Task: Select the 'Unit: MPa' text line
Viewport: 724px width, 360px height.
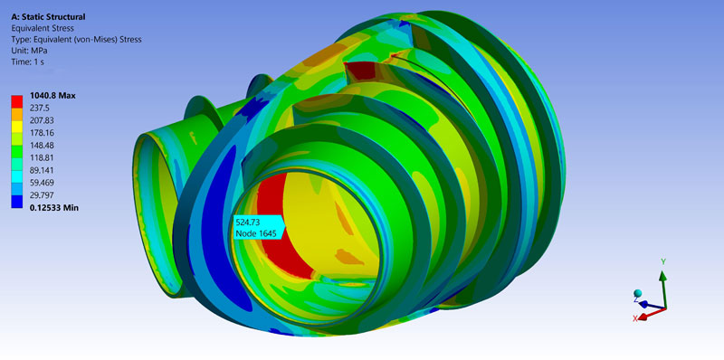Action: pos(30,51)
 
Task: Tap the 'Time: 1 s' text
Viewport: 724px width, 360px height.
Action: pos(28,62)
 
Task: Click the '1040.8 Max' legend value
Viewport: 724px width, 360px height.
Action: pos(52,96)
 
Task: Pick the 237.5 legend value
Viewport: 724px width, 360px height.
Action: pos(40,109)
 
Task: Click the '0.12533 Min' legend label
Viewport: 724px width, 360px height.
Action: pos(54,208)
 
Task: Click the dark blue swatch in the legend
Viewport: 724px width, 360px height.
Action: pos(17,202)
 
